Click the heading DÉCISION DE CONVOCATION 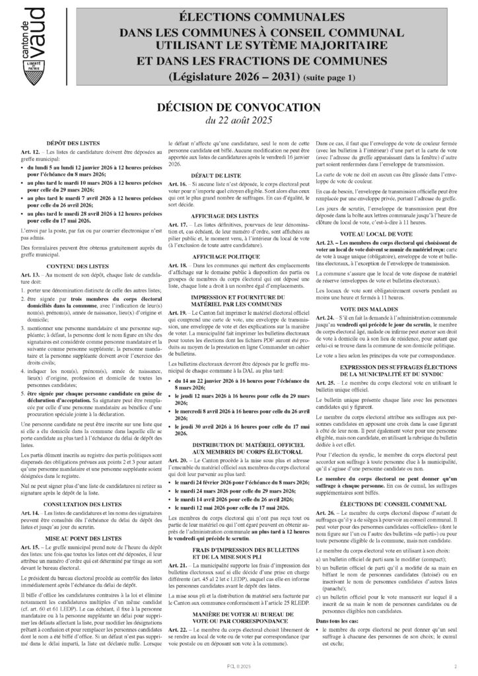238,106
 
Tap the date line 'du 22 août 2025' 238,120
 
